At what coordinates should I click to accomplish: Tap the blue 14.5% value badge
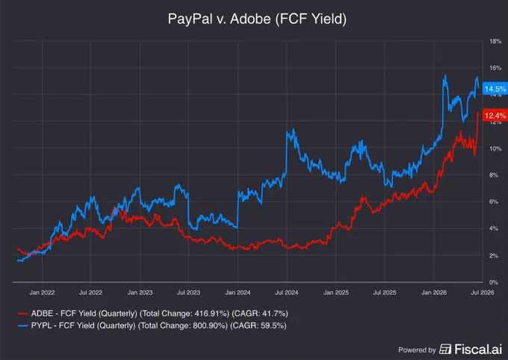[x=495, y=89]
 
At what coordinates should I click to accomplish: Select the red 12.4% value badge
[x=495, y=116]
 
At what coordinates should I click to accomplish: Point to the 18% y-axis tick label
[x=495, y=42]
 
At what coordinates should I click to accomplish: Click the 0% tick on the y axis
[x=494, y=282]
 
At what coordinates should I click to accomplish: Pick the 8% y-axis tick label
[x=494, y=175]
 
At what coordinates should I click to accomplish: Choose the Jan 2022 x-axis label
[x=42, y=293]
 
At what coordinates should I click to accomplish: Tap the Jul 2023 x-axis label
[x=188, y=293]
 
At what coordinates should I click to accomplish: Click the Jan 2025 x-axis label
[x=336, y=293]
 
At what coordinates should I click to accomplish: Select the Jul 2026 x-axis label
[x=483, y=293]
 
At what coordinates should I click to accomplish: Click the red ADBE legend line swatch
[x=22, y=314]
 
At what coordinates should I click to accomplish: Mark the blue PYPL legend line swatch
[x=22, y=326]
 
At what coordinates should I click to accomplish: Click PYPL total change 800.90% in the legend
[x=210, y=326]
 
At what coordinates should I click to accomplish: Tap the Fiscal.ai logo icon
[x=445, y=350]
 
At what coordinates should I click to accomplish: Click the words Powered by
[x=418, y=350]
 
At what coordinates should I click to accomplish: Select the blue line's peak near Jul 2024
[x=293, y=129]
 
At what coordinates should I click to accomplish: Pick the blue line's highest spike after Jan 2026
[x=445, y=75]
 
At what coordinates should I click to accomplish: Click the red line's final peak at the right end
[x=477, y=113]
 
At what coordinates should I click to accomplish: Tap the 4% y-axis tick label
[x=494, y=229]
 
